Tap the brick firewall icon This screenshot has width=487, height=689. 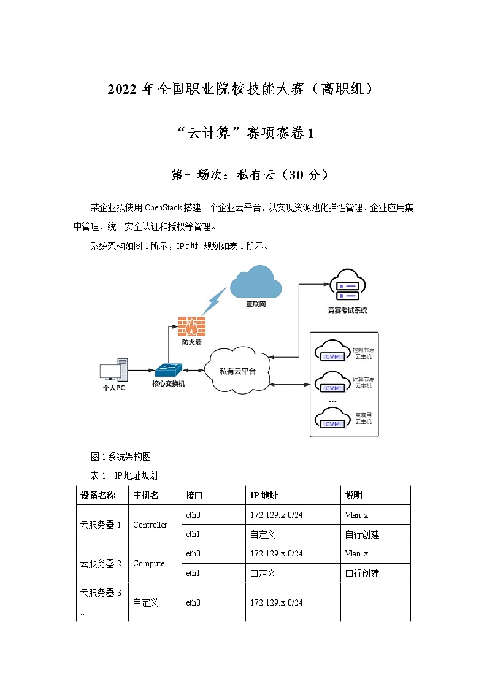(191, 325)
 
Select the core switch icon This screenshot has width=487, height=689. (168, 369)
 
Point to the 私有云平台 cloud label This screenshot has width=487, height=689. (237, 372)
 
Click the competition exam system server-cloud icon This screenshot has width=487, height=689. (347, 286)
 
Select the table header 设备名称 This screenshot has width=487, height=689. (98, 495)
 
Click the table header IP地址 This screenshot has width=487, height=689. (264, 495)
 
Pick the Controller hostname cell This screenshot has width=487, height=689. (150, 525)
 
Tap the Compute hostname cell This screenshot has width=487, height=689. (149, 563)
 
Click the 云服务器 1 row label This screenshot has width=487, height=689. (101, 525)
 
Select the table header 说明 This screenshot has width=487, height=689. (354, 495)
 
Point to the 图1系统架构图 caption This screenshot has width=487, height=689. (121, 456)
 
